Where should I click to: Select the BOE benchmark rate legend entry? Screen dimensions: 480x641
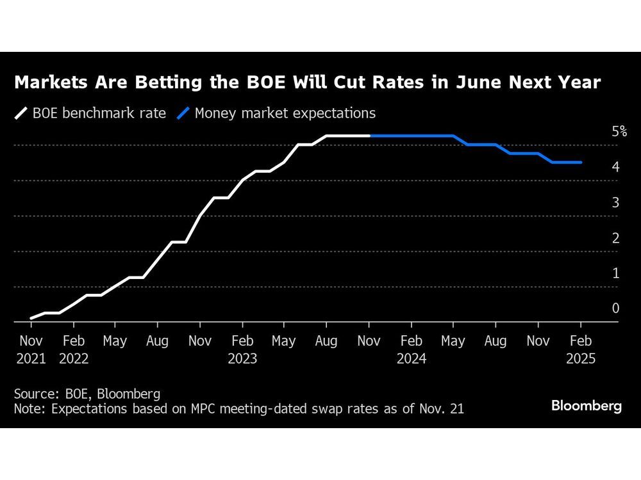(90, 113)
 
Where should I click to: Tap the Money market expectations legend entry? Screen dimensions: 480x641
(277, 113)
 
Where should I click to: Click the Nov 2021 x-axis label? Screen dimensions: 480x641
(31, 349)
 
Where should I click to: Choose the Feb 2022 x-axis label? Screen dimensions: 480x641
(73, 349)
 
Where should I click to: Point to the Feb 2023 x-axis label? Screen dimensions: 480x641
(242, 349)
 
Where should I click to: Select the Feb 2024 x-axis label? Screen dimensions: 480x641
(412, 349)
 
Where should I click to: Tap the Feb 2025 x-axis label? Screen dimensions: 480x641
(581, 349)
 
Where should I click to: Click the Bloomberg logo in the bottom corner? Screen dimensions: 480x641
(587, 406)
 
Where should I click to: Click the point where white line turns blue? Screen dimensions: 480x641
(370, 136)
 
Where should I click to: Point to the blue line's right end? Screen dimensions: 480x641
(581, 163)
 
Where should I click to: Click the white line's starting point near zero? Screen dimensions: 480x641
(31, 318)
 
